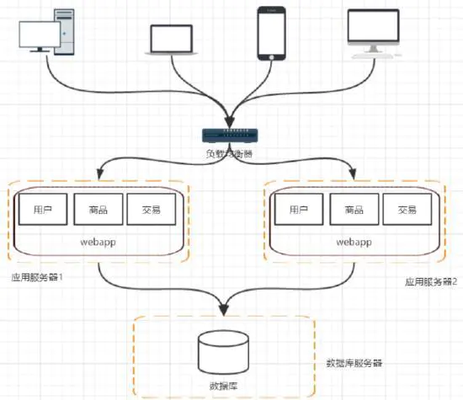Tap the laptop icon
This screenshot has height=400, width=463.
pyautogui.click(x=173, y=40)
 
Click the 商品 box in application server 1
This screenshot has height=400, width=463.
pyautogui.click(x=95, y=210)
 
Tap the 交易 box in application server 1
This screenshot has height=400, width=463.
pyautogui.click(x=149, y=210)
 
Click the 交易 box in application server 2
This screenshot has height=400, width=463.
pyautogui.click(x=407, y=210)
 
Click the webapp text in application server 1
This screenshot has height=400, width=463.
pyautogui.click(x=99, y=241)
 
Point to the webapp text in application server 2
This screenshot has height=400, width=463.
pyautogui.click(x=354, y=241)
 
